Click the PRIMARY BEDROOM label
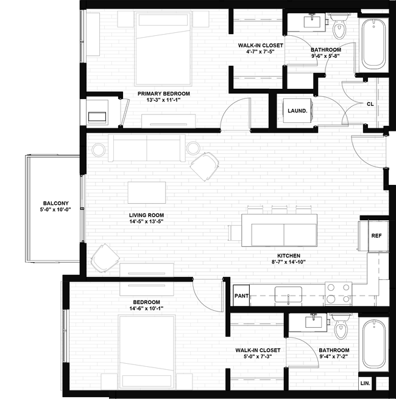click(x=163, y=94)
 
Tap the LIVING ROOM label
click(x=146, y=215)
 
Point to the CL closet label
click(x=370, y=104)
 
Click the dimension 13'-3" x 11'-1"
click(x=163, y=100)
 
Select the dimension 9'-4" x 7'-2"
click(x=334, y=358)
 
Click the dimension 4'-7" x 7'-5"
click(x=261, y=52)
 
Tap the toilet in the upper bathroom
click(x=339, y=25)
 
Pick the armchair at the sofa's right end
click(x=204, y=165)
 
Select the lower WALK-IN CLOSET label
click(x=258, y=350)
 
